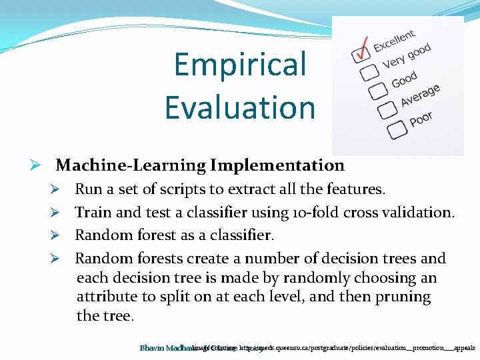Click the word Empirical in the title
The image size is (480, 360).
pos(240,65)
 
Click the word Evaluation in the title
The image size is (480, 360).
pos(240,107)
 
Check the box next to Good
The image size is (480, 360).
pos(378,89)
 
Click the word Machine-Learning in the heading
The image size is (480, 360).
pos(131,165)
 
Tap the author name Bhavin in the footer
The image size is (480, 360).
pos(153,348)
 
